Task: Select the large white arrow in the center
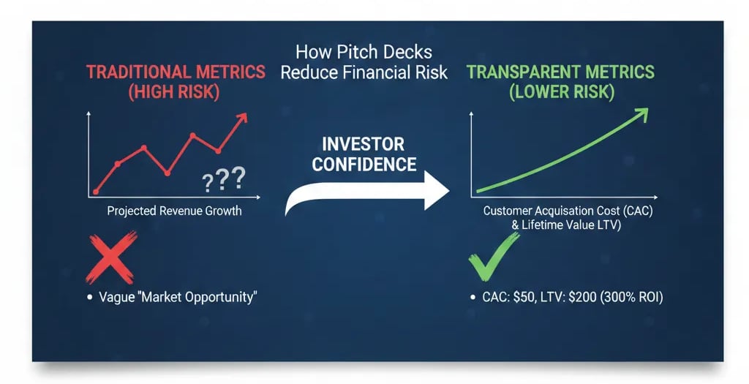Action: click(366, 195)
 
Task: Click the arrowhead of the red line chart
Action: click(241, 118)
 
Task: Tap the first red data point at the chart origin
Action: click(96, 192)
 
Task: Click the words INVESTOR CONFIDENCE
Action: click(364, 154)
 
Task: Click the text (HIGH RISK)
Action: click(175, 93)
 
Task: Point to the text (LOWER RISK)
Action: click(560, 93)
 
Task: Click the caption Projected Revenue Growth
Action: click(174, 211)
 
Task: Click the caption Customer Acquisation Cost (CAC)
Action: click(566, 211)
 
